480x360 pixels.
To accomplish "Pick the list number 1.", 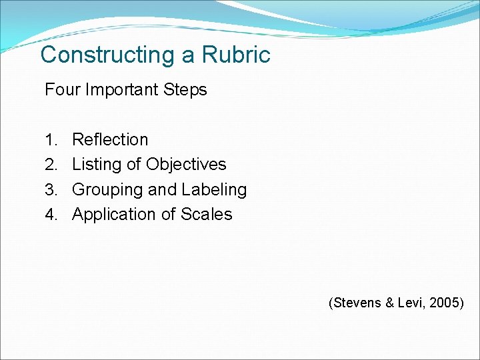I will (x=51, y=140).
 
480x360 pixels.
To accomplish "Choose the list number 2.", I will (x=51, y=165).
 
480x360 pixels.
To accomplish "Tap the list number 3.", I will (x=51, y=190).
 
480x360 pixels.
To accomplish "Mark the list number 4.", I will (x=51, y=215).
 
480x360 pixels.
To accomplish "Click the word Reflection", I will (x=110, y=140).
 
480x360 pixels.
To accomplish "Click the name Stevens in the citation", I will (x=355, y=303).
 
